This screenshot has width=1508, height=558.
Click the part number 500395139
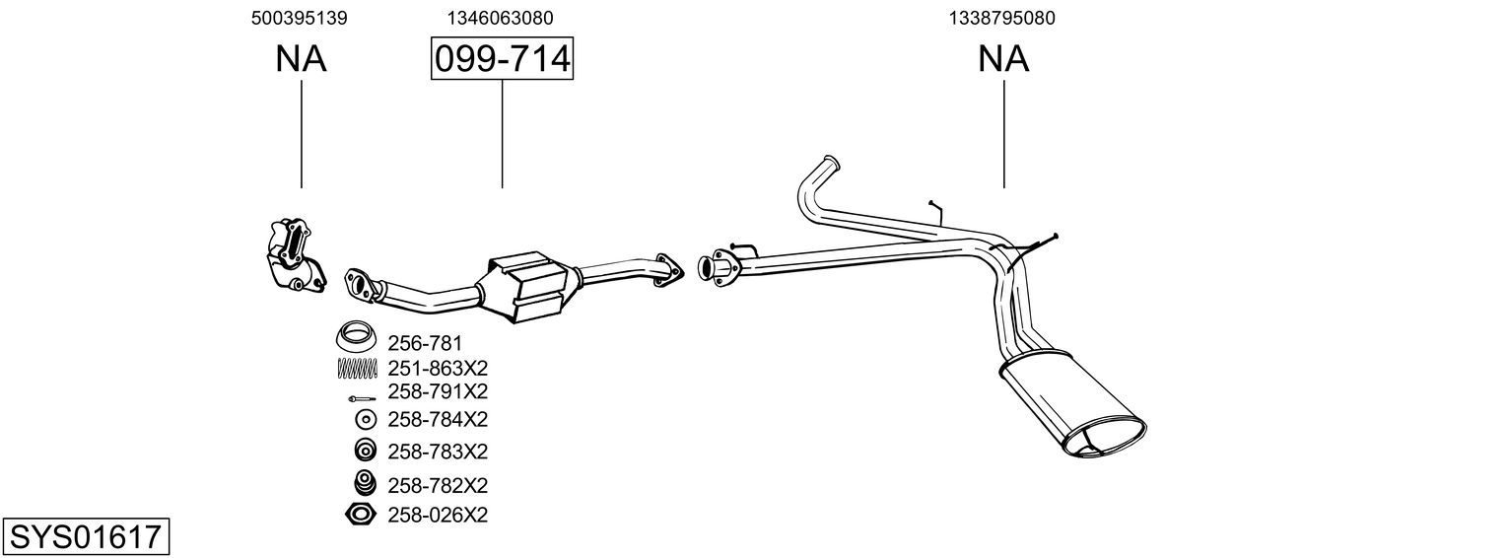[300, 18]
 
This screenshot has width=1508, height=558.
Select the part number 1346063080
[501, 18]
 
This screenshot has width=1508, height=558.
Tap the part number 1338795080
[1003, 18]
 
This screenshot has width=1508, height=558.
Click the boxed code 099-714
[502, 60]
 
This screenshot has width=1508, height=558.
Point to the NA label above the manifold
[301, 60]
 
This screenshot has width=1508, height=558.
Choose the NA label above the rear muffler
[1003, 60]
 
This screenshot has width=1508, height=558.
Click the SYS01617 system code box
[86, 537]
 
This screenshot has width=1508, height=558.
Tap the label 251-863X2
[438, 368]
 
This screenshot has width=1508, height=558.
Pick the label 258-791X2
[438, 391]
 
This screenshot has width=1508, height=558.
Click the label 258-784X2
[438, 419]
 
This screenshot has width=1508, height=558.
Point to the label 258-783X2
[438, 451]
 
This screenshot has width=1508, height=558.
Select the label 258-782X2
[438, 485]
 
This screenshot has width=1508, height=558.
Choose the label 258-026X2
[438, 514]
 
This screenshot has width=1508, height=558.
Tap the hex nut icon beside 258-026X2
[360, 514]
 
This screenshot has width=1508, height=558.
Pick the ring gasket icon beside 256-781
[357, 337]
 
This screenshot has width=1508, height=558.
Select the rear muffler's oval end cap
[1107, 439]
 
